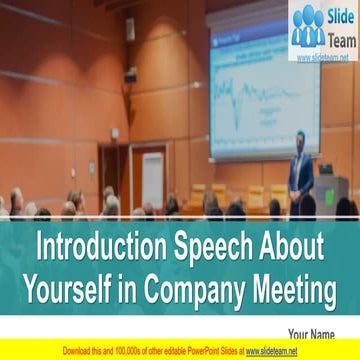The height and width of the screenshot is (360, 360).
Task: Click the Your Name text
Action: (x=311, y=334)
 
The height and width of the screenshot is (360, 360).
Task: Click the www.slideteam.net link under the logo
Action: (x=325, y=57)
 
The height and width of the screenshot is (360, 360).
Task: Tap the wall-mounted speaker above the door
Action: (x=130, y=27)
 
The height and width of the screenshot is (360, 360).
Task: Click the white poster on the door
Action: (x=152, y=180)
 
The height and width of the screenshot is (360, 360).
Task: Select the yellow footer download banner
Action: (x=180, y=351)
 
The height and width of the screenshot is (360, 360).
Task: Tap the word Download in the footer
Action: (x=77, y=351)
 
